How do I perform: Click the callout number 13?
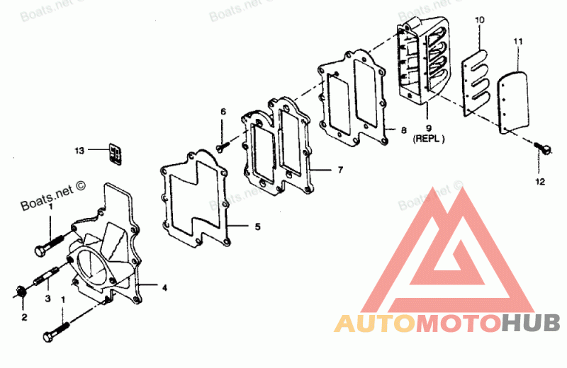[x=79, y=151]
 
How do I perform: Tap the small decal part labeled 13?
[x=116, y=154]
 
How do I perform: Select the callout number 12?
[x=540, y=182]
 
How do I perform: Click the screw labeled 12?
[x=543, y=147]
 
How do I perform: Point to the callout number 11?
[x=518, y=42]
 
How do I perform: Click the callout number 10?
[x=480, y=21]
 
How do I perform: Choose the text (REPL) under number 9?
[x=429, y=138]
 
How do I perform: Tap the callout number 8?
[x=403, y=130]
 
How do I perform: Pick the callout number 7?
[x=340, y=169]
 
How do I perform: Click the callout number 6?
[x=223, y=112]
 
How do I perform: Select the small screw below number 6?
[x=223, y=146]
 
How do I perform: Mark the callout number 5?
[x=257, y=226]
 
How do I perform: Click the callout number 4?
[x=164, y=288]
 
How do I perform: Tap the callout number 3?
[x=47, y=299]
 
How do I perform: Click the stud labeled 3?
[x=47, y=275]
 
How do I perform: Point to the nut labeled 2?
[x=21, y=292]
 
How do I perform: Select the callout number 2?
[x=24, y=318]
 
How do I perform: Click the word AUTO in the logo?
[x=375, y=323]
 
